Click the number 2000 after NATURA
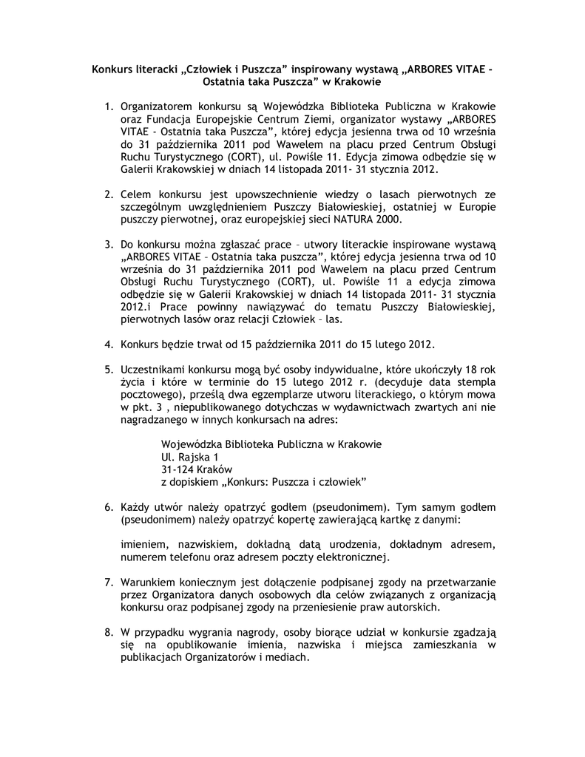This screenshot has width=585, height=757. coord(388,220)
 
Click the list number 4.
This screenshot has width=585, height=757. coord(108,344)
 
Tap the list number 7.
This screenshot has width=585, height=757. coord(108,583)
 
